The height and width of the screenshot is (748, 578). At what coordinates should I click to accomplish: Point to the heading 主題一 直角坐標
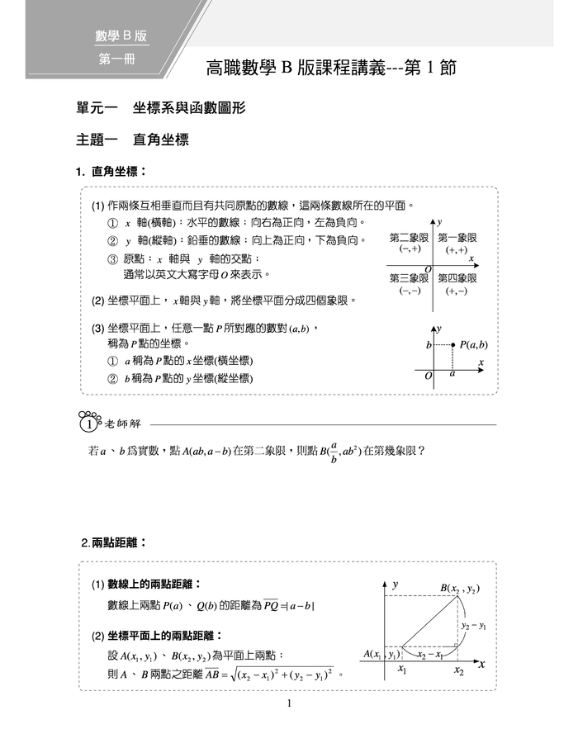point(133,140)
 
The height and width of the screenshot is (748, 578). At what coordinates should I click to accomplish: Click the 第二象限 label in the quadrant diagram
point(409,237)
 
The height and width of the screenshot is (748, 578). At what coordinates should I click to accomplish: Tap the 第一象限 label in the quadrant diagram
point(457,237)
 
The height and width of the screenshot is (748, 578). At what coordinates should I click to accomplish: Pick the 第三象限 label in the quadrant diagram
point(409,278)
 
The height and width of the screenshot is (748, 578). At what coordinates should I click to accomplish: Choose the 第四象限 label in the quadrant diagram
point(457,278)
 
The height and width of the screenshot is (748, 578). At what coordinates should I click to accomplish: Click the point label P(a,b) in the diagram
point(473,344)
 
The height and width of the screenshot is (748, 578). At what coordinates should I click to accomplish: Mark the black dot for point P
point(452,344)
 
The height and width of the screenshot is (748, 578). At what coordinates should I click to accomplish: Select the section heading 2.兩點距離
point(115,542)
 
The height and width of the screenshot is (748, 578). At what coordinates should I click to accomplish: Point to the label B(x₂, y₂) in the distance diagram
point(459,588)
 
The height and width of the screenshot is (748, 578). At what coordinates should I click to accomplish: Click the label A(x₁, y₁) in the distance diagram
point(381,654)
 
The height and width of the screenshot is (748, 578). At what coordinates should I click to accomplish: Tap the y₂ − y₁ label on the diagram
point(474,626)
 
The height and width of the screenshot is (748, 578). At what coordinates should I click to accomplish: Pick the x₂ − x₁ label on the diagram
point(429,655)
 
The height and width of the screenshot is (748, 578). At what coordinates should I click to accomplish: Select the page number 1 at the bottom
point(289,703)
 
